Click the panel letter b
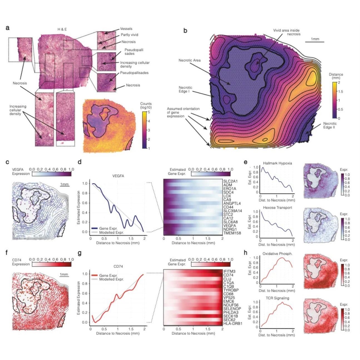point(185,31)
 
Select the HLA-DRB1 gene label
point(233,324)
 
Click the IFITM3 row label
point(229,271)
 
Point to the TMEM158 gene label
point(232,233)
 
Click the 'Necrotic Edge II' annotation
point(330,125)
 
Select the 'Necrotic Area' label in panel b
point(189,60)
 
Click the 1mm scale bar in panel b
point(315,42)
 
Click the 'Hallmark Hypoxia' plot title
point(277,163)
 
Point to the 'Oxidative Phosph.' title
point(277,254)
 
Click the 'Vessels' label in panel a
point(126,29)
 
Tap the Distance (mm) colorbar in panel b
point(334,100)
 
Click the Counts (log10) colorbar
point(144,130)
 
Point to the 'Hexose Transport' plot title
point(277,208)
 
